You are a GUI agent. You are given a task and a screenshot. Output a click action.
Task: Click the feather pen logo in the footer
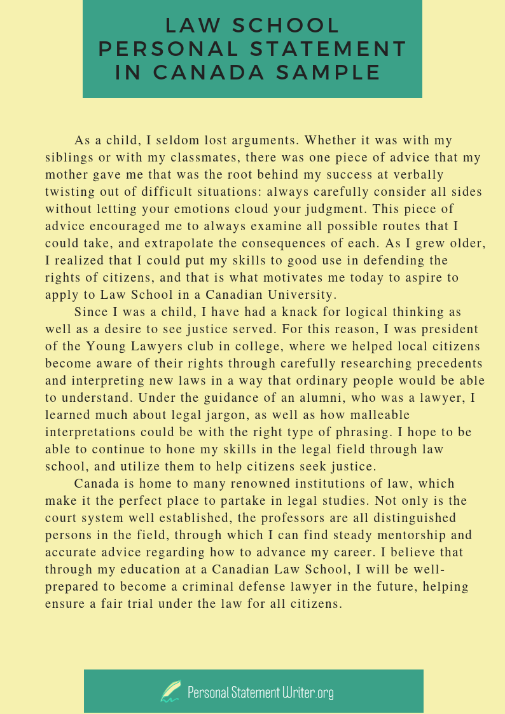coord(170,691)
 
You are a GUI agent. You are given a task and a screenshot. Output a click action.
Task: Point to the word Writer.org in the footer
coord(308,692)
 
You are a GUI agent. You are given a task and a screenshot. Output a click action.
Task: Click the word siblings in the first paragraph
coord(67,157)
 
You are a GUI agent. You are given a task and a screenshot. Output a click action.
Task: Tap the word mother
coord(64,174)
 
